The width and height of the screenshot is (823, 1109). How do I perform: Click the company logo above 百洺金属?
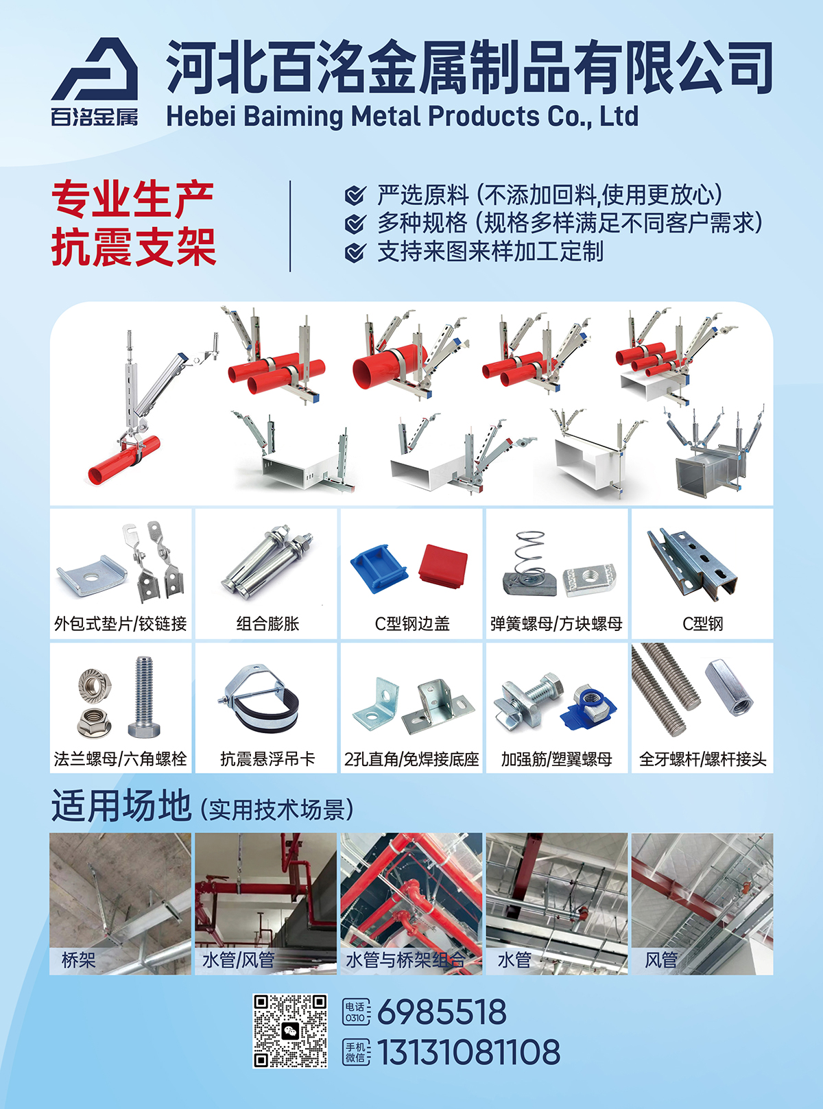[95, 69]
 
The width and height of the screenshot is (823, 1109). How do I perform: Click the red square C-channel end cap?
[442, 566]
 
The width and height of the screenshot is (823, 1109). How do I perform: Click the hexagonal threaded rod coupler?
[729, 687]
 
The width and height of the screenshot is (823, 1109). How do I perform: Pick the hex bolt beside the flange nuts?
[145, 697]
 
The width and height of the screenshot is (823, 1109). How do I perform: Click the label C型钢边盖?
[412, 623]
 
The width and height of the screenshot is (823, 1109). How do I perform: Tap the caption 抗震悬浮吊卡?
[268, 759]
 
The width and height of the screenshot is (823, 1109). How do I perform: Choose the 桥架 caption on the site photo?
[78, 959]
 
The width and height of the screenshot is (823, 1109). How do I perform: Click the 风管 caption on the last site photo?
[661, 959]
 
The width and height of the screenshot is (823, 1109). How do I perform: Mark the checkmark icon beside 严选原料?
[355, 195]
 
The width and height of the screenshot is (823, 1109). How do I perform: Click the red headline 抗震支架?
[134, 247]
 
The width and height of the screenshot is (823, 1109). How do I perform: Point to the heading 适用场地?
[121, 805]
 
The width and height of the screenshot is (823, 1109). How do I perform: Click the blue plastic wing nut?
[588, 707]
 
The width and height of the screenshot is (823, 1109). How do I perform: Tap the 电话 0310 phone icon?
[356, 1012]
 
